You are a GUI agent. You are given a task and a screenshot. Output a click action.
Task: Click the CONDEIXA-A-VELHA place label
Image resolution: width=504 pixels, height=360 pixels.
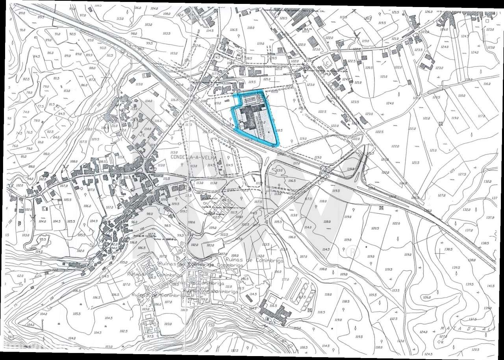coord(193,157)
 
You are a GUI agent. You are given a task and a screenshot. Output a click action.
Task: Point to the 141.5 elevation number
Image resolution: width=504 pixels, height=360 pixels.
coord(490,286)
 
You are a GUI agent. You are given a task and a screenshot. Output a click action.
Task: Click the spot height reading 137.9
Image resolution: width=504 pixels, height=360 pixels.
coord(490,218)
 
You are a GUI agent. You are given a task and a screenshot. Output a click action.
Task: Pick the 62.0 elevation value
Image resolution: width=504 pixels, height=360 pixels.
coord(20,276)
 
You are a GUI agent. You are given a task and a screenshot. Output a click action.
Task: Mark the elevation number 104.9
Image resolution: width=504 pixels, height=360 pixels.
coord(93,221)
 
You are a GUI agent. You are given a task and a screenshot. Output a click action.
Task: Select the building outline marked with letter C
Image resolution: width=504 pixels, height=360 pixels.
coord(327,63)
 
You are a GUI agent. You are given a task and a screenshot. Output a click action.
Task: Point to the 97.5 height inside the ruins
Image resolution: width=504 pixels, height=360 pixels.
coord(150,337)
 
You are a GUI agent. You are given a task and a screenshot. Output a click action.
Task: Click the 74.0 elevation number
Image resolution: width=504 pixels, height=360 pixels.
coord(26,112)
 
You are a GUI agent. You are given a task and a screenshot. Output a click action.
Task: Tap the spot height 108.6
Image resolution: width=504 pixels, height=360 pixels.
coord(191,222)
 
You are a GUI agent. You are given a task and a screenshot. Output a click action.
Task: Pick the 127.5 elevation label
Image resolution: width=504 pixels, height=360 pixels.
coord(461,174)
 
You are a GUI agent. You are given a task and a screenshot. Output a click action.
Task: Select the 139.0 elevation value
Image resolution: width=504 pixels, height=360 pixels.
coord(487,308)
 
